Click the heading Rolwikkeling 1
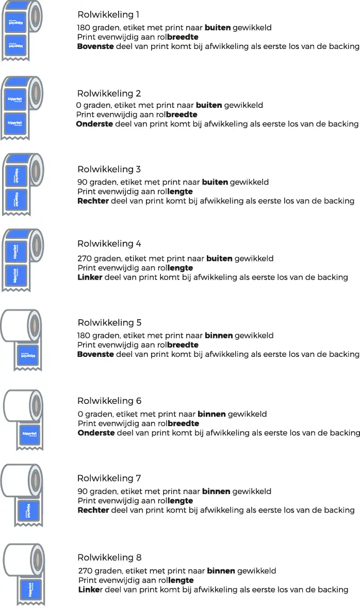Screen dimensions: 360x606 (108, 14)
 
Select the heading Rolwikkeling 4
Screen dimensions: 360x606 (109, 244)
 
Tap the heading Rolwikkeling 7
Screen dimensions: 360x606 (109, 479)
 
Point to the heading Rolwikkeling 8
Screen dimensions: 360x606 (109, 558)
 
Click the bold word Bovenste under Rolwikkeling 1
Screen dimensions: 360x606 (95, 46)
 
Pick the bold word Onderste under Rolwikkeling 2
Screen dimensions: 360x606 (94, 124)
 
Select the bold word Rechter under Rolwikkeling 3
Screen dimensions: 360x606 (93, 201)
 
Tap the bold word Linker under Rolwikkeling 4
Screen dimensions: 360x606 (90, 277)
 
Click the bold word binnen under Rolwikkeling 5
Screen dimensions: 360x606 (219, 335)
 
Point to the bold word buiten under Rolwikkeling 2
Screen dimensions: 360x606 (209, 105)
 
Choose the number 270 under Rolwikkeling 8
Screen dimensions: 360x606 (86, 571)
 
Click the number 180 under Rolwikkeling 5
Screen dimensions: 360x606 (84, 335)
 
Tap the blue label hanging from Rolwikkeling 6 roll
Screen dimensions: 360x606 (29, 434)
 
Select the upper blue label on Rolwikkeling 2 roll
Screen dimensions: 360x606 (15, 100)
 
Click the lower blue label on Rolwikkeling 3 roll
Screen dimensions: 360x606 (17, 200)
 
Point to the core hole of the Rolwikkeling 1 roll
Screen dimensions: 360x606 (35, 16)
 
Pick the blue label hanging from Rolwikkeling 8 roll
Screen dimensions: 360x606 (30, 590)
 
